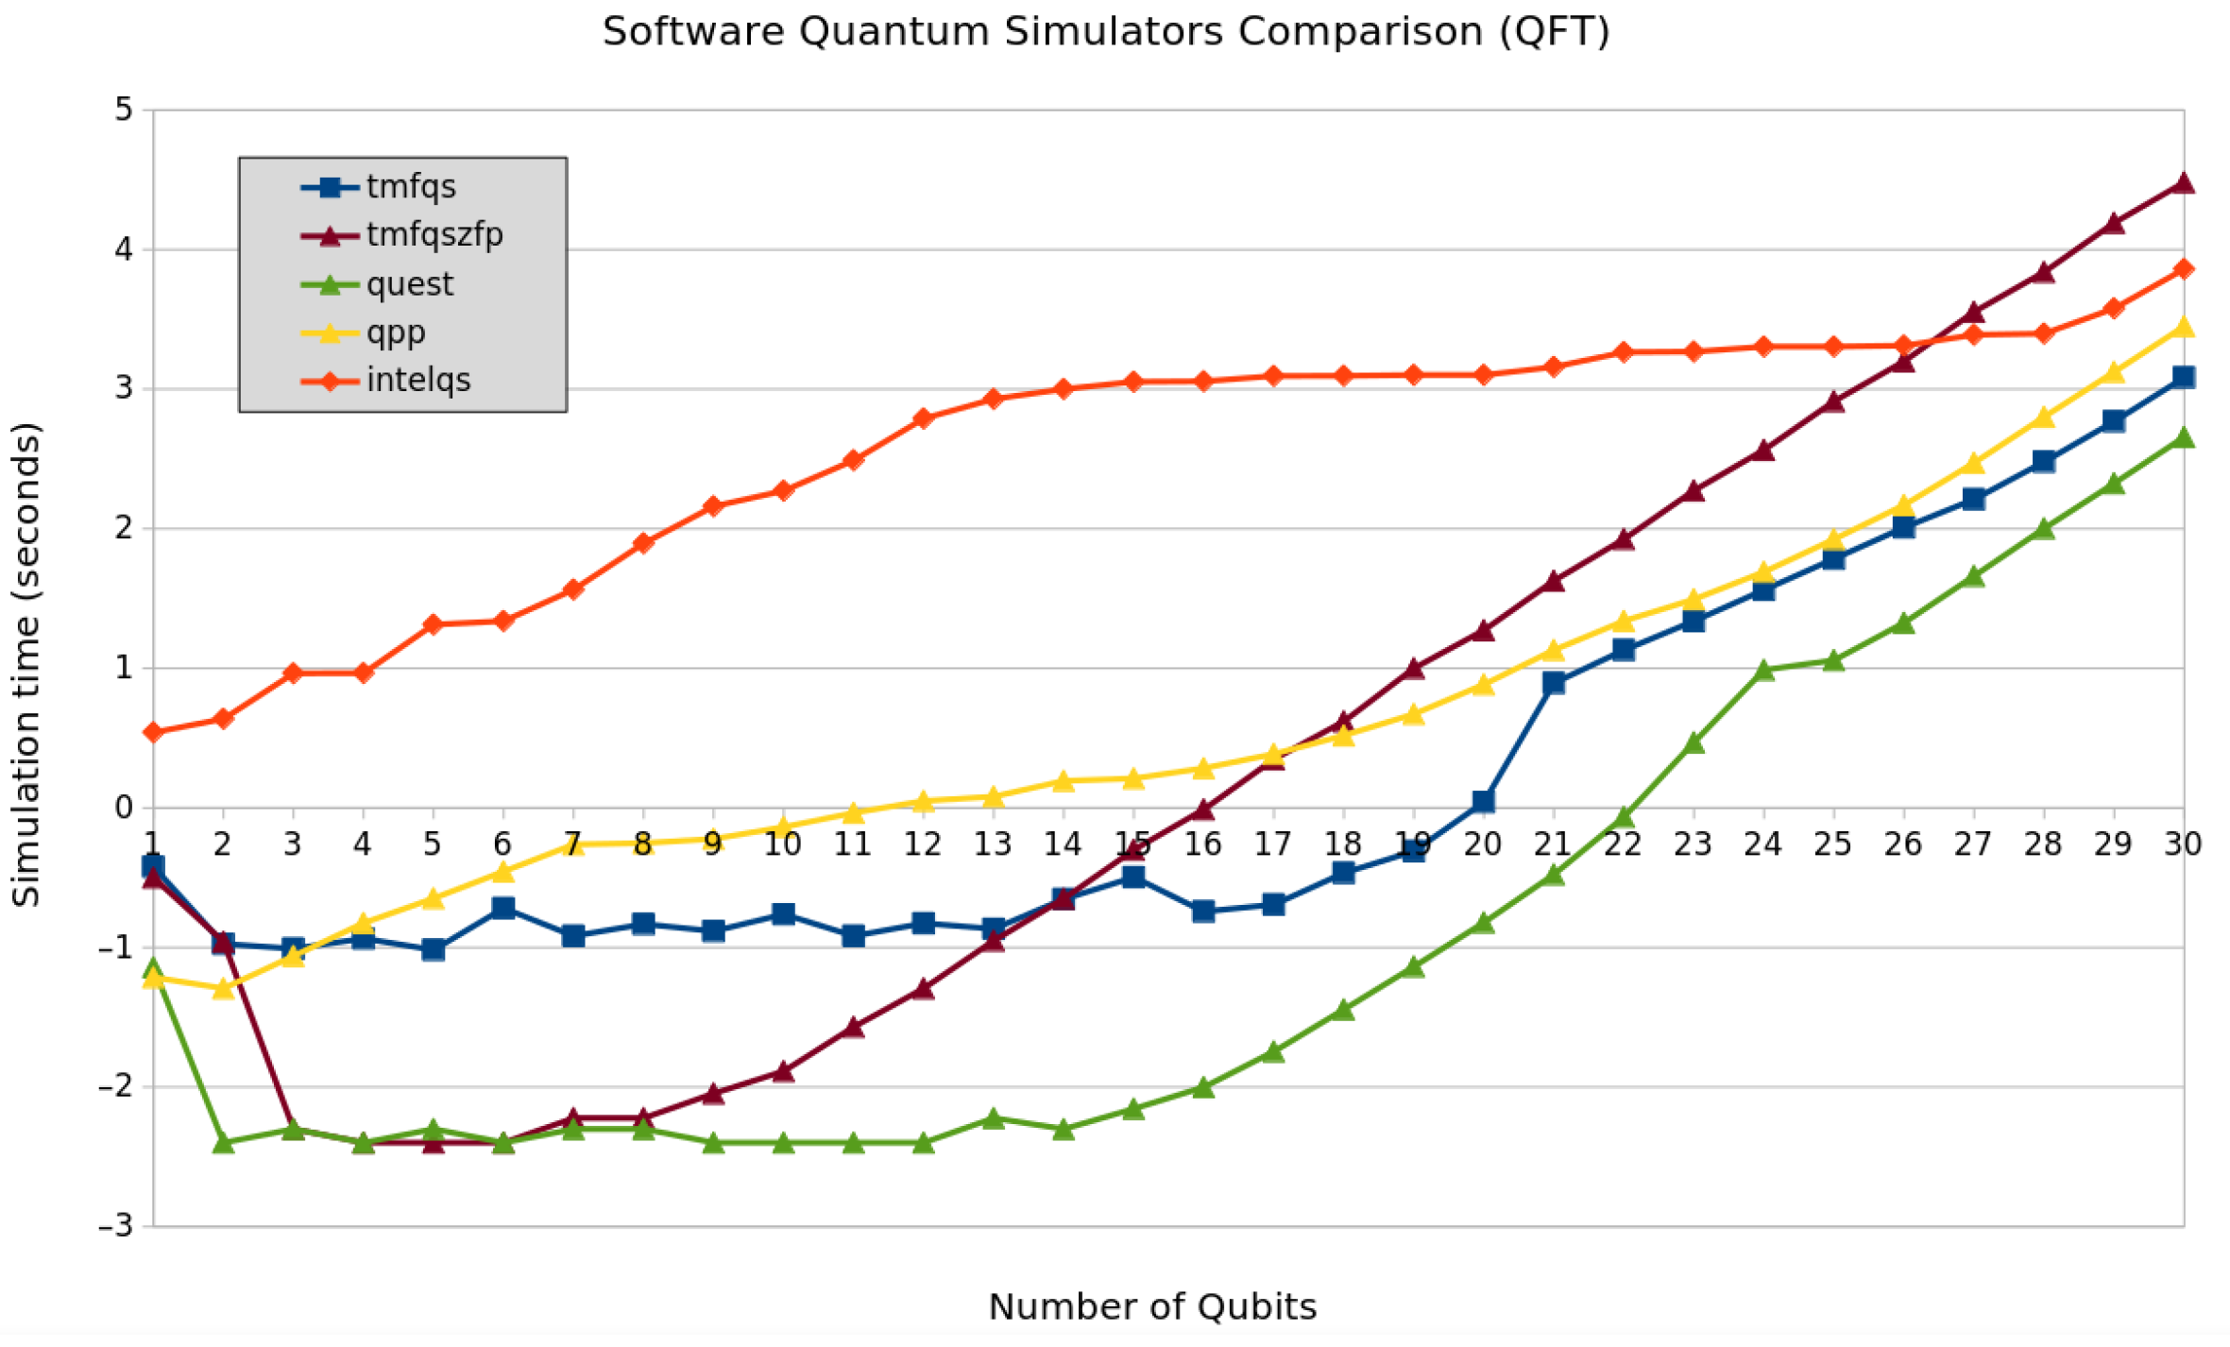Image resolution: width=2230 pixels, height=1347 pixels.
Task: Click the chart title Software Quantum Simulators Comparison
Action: [1106, 32]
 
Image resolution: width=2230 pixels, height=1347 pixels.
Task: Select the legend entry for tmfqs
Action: [411, 187]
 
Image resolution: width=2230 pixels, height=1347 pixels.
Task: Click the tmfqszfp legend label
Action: [434, 234]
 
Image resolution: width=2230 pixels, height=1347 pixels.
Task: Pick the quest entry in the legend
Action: [409, 284]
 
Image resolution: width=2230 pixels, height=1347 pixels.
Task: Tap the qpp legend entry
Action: [396, 332]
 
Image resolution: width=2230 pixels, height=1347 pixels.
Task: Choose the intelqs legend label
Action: [417, 381]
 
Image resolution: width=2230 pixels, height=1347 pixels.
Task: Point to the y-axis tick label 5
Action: [124, 111]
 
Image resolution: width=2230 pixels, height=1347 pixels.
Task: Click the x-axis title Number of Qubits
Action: [1151, 1307]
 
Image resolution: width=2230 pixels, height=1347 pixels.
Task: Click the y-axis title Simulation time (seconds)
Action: [26, 665]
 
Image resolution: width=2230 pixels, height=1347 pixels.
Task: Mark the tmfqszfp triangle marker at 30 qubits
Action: [2183, 183]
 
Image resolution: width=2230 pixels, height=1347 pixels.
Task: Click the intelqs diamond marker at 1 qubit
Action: [154, 733]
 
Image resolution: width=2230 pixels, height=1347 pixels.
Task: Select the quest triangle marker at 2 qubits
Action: [224, 1143]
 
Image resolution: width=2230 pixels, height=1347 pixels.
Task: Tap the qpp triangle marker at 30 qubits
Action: [2183, 327]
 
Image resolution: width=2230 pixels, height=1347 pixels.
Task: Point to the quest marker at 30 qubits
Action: [2183, 437]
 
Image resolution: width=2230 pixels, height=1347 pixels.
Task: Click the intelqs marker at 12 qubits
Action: [923, 418]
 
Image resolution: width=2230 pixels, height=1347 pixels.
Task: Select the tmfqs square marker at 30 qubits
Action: [2183, 377]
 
